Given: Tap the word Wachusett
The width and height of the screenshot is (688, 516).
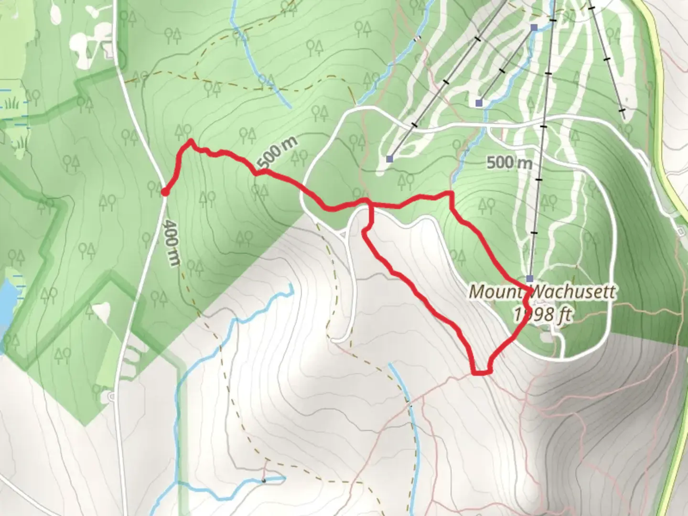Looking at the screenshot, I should [x=573, y=291].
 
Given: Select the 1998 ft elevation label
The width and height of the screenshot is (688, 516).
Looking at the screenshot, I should [x=542, y=314].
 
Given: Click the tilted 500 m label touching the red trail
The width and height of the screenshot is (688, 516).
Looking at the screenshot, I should [x=277, y=153].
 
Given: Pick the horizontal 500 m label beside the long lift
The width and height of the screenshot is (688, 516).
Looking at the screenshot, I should [x=509, y=163].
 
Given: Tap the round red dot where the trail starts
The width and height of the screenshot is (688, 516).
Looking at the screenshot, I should [x=164, y=192].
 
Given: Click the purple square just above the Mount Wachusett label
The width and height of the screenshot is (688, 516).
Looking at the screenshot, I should [x=530, y=278].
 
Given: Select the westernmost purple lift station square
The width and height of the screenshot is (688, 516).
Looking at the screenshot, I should [x=390, y=159].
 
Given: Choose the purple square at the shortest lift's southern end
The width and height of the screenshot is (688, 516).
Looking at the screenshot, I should [x=479, y=103].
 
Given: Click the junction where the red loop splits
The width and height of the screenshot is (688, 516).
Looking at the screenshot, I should [x=369, y=205].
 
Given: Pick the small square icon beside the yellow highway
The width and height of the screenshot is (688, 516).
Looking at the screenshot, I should [x=681, y=232].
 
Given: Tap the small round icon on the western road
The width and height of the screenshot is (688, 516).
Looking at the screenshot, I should [x=111, y=396].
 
